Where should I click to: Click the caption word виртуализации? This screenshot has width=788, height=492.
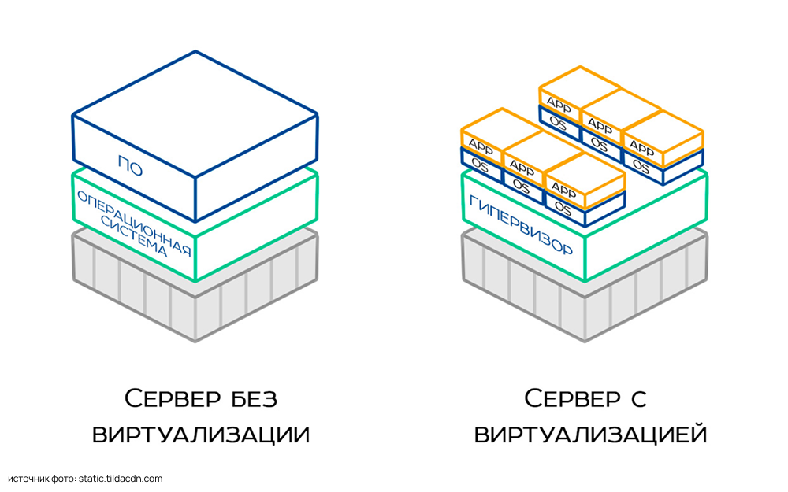201,434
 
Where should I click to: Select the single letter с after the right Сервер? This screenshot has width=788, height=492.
638,398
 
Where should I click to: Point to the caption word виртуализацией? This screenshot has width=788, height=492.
590,434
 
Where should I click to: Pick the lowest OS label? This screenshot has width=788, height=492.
563,207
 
